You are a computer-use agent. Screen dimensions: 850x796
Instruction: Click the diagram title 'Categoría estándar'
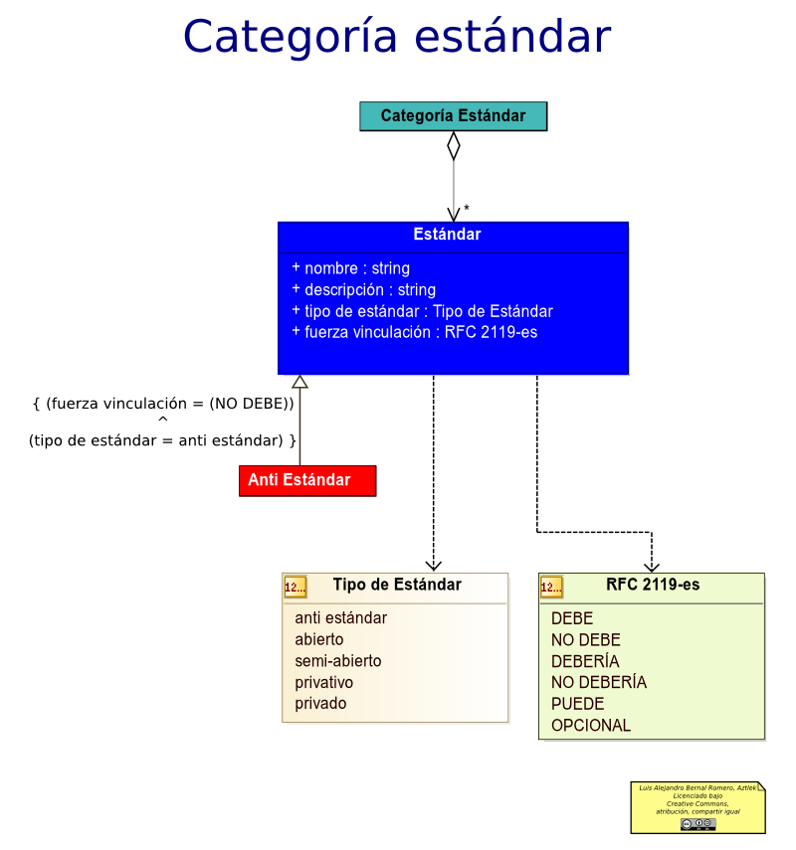click(x=396, y=37)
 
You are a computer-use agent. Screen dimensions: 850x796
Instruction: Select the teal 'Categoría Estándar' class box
click(x=453, y=116)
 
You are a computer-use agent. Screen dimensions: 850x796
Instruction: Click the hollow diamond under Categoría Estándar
click(x=454, y=145)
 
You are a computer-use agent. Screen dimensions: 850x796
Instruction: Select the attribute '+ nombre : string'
click(x=350, y=268)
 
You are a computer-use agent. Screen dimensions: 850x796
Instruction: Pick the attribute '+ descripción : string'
click(x=363, y=290)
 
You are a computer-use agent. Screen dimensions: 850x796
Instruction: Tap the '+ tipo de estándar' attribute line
click(x=422, y=311)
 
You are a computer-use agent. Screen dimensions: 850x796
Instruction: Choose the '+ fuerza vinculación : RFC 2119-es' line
click(x=414, y=332)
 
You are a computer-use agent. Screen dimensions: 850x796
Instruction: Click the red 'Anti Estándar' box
click(x=307, y=480)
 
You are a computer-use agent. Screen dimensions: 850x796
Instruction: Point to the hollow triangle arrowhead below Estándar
click(x=299, y=382)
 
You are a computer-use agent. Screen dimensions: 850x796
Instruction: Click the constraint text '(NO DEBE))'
click(x=251, y=404)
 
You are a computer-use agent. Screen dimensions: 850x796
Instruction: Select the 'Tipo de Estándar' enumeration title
click(x=397, y=585)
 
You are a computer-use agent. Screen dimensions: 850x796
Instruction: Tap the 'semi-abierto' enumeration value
click(x=337, y=661)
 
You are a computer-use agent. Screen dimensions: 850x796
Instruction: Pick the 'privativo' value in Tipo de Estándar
click(x=323, y=682)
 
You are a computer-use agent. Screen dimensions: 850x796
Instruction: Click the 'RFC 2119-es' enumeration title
click(x=653, y=585)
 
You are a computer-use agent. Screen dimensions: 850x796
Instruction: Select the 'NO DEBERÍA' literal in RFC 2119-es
click(x=599, y=682)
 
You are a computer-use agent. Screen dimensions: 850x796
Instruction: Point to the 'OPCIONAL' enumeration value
click(x=591, y=725)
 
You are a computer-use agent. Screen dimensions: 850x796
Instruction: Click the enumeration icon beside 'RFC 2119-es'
click(x=551, y=588)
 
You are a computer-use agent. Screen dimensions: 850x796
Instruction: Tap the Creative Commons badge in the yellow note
click(x=698, y=823)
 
